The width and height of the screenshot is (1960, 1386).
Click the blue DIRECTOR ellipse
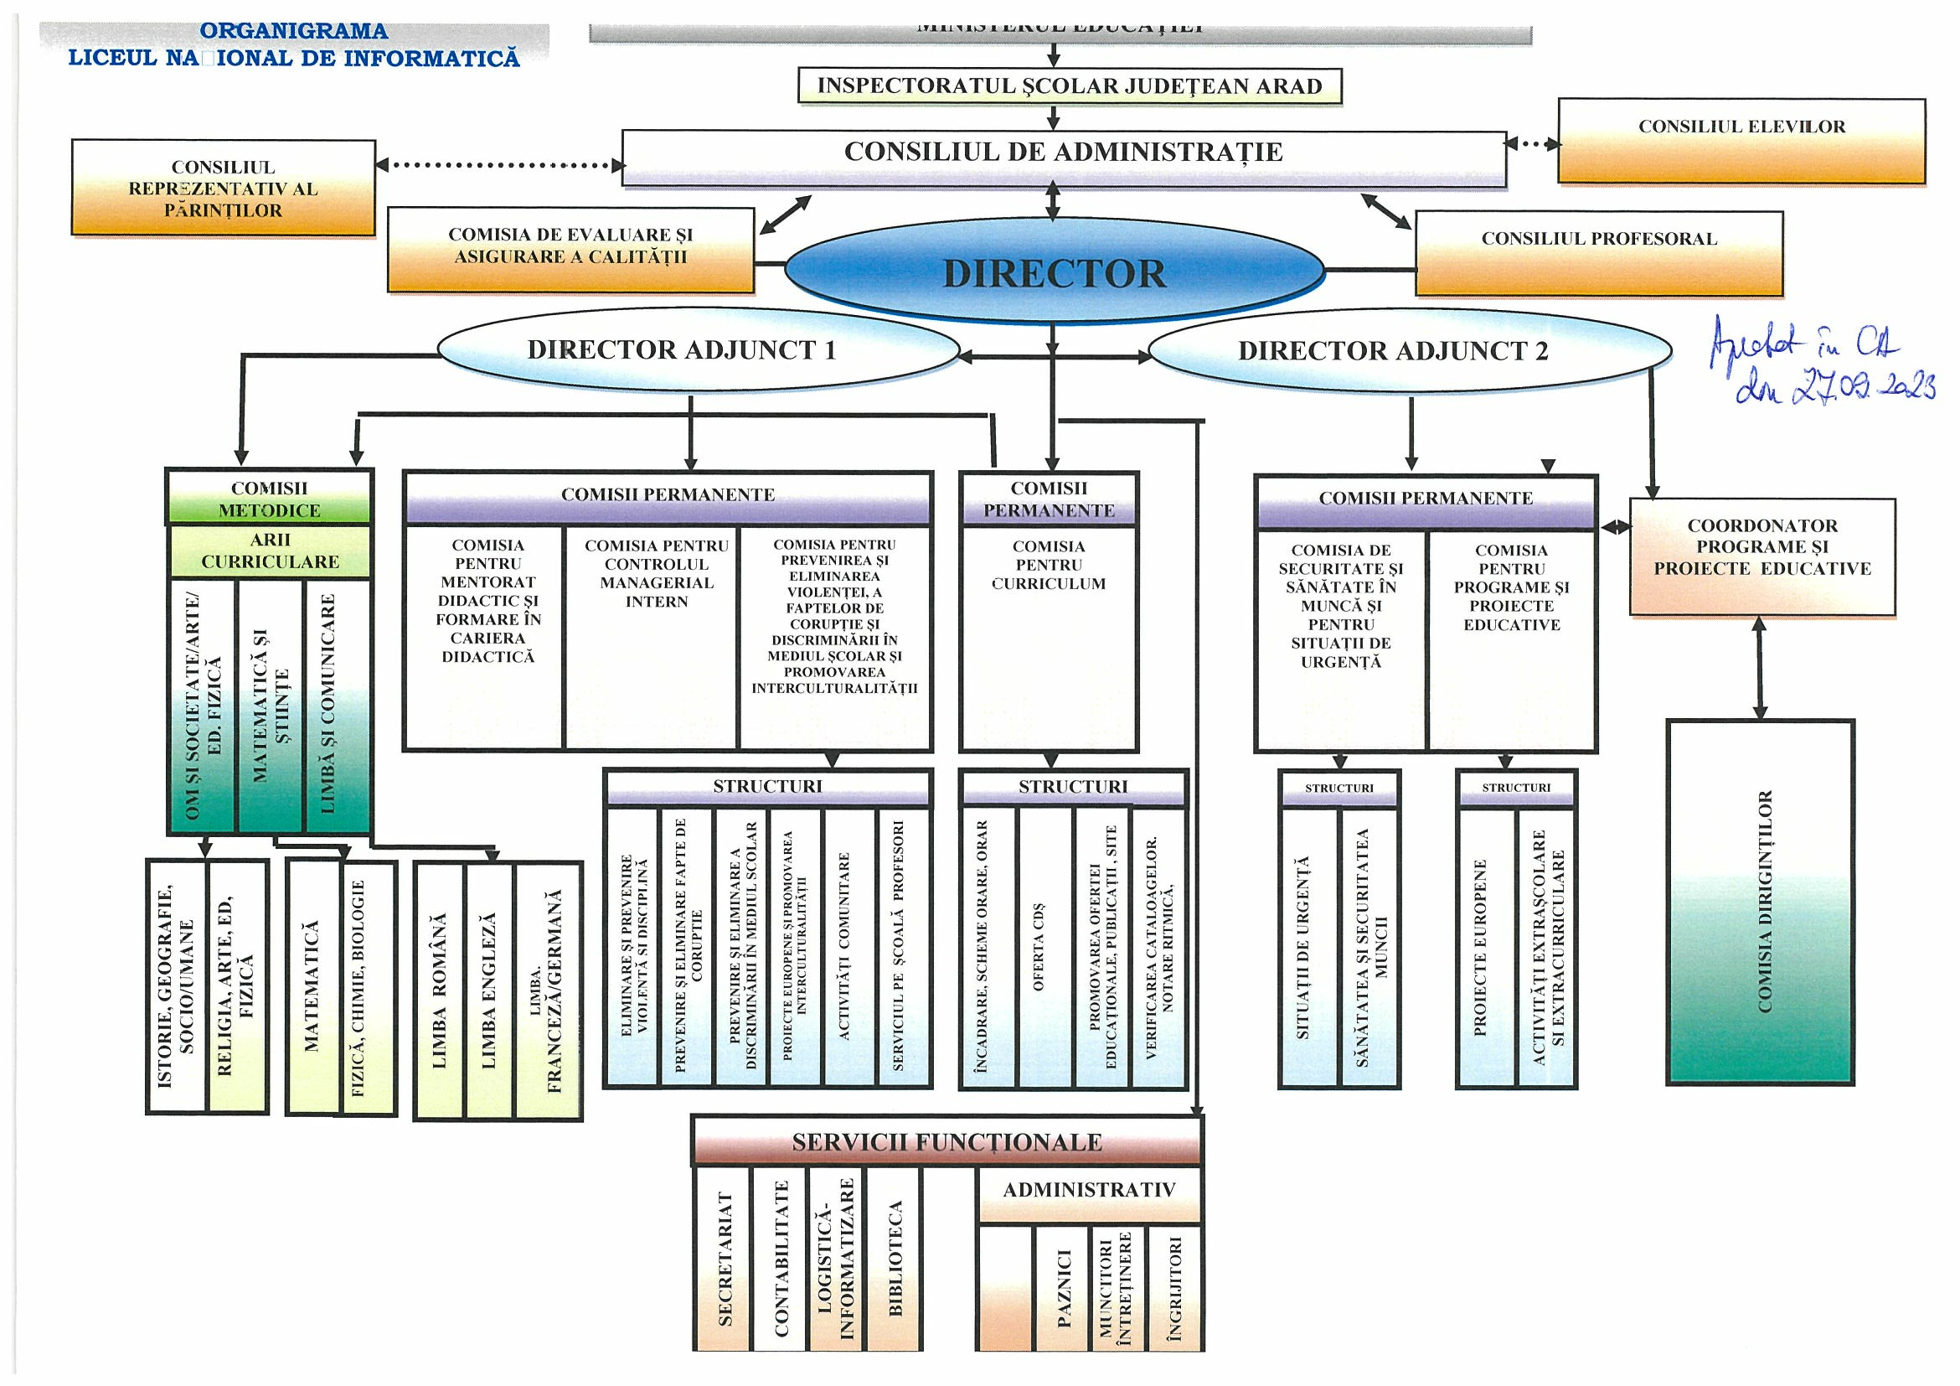click(1055, 272)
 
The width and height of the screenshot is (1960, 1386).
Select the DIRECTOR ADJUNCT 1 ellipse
click(699, 350)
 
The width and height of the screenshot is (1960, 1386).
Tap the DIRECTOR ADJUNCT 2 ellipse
click(1410, 351)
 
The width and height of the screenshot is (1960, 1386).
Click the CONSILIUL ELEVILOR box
click(1741, 141)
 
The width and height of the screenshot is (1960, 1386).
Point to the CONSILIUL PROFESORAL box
click(1598, 254)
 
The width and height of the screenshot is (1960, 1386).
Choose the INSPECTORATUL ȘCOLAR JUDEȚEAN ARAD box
click(1069, 86)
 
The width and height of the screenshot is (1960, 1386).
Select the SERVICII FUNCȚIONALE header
click(946, 1142)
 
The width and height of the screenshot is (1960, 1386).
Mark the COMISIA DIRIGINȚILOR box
click(1761, 902)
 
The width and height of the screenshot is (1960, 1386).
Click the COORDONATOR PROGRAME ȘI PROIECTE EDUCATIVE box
click(1761, 556)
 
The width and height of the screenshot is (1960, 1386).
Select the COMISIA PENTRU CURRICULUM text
click(1049, 566)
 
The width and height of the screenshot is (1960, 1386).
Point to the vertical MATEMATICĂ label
click(312, 985)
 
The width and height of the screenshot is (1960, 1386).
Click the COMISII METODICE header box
click(270, 499)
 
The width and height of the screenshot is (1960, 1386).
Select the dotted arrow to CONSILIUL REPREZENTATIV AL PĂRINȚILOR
click(499, 165)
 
